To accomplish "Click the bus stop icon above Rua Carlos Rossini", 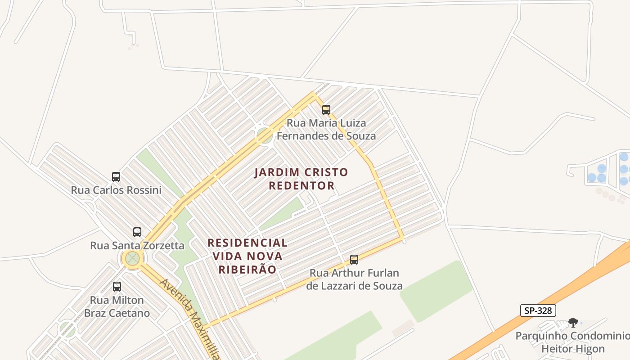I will point(116,176).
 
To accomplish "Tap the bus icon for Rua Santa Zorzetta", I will point(137,232).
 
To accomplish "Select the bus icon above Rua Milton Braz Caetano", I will point(117,286).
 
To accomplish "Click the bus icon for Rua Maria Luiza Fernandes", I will point(326,109).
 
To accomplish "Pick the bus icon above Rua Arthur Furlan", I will point(354,259).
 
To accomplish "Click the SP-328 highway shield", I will point(538,310).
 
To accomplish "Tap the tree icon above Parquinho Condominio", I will point(573,322).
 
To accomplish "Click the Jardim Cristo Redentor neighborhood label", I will point(301,179).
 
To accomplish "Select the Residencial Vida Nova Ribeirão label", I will point(247,256).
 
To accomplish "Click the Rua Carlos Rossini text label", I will point(116,190).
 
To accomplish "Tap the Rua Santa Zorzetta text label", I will point(137,245).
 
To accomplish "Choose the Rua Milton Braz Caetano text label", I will point(117,306).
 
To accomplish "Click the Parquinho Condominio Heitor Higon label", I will point(572,342).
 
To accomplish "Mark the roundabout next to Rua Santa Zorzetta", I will point(132,258).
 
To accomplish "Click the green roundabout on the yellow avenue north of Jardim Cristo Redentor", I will point(264,135).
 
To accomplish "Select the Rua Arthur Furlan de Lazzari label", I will point(354,279).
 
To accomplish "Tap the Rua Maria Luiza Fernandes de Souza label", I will point(326,129).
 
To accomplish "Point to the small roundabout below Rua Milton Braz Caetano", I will point(67,330).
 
